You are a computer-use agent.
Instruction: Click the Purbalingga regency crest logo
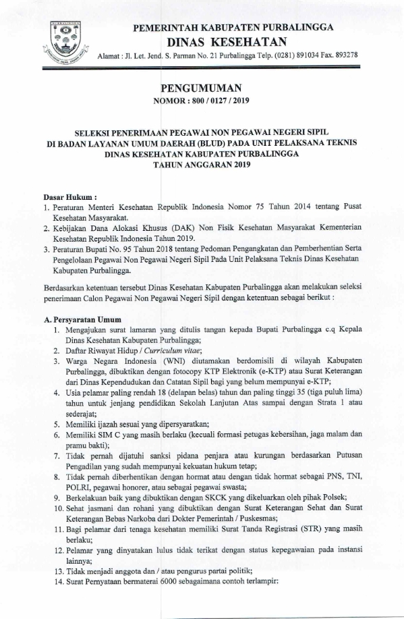(x=65, y=39)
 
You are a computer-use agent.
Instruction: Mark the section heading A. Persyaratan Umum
(x=82, y=319)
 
